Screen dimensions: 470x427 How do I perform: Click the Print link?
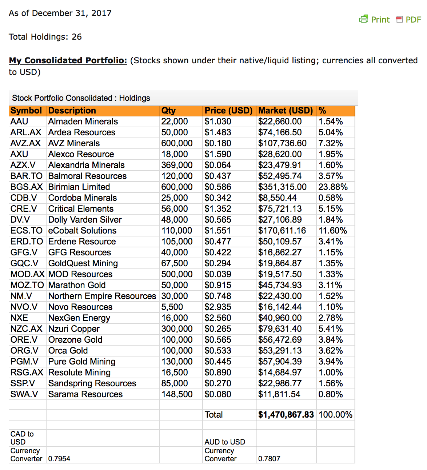(375, 20)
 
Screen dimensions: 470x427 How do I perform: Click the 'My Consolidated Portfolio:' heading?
(68, 60)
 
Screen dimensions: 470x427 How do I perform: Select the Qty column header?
(168, 111)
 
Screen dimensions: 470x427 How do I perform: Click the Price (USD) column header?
(228, 111)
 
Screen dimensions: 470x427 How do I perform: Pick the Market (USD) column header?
(286, 111)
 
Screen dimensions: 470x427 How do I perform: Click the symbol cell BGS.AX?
(27, 187)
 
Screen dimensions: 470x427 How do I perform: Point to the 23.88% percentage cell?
(333, 187)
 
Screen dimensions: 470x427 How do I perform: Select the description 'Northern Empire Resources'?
(102, 296)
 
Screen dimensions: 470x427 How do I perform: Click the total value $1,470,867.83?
(286, 415)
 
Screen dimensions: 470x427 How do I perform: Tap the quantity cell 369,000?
(177, 165)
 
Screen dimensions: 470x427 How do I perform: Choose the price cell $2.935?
(218, 307)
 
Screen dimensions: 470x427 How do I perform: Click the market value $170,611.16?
(282, 231)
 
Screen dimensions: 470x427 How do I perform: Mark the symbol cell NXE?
(19, 318)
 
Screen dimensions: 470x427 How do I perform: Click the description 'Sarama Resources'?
(85, 394)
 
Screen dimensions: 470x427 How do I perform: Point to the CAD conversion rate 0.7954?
(59, 459)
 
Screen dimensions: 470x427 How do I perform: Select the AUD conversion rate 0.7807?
(269, 459)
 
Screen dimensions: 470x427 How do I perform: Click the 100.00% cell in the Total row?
(335, 415)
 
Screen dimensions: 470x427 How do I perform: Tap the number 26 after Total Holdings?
(77, 37)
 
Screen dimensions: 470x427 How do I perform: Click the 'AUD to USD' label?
(225, 442)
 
